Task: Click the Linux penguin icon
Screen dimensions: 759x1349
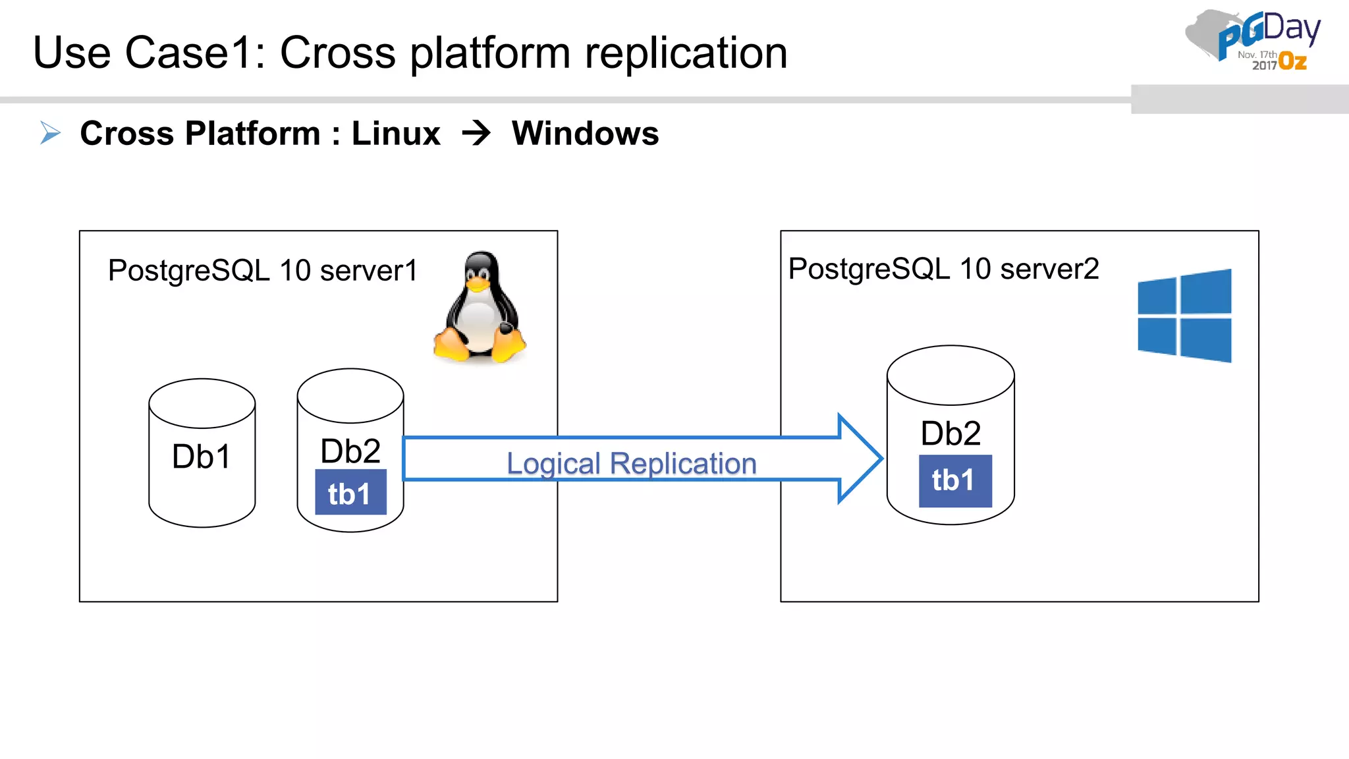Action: pyautogui.click(x=480, y=308)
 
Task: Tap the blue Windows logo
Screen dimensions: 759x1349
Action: pyautogui.click(x=1184, y=316)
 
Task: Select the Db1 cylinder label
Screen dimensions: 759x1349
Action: pyautogui.click(x=202, y=457)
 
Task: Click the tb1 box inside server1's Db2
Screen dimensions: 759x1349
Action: pyautogui.click(x=350, y=493)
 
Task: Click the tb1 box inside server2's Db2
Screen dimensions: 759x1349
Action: pyautogui.click(x=954, y=481)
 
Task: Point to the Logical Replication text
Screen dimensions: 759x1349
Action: pyautogui.click(x=631, y=463)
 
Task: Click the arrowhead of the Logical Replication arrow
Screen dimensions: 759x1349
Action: pyautogui.click(x=860, y=459)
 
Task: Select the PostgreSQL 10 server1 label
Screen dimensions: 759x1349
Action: pyautogui.click(x=262, y=271)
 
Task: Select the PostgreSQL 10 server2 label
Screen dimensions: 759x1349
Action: pyautogui.click(x=943, y=269)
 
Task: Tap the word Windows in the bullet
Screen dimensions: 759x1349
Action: pyautogui.click(x=585, y=134)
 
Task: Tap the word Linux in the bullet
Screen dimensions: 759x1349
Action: pyautogui.click(x=396, y=134)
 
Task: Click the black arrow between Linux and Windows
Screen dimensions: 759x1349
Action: pyautogui.click(x=476, y=133)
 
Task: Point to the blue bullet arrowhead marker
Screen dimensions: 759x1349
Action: pyautogui.click(x=50, y=132)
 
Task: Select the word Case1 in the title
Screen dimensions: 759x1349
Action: pyautogui.click(x=194, y=53)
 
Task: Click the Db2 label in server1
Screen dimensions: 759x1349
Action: pyautogui.click(x=350, y=452)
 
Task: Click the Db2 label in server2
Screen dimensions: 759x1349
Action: pyautogui.click(x=950, y=434)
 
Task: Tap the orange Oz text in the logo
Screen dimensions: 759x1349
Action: pyautogui.click(x=1292, y=62)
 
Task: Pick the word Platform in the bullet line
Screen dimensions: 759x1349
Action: pyautogui.click(x=252, y=134)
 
